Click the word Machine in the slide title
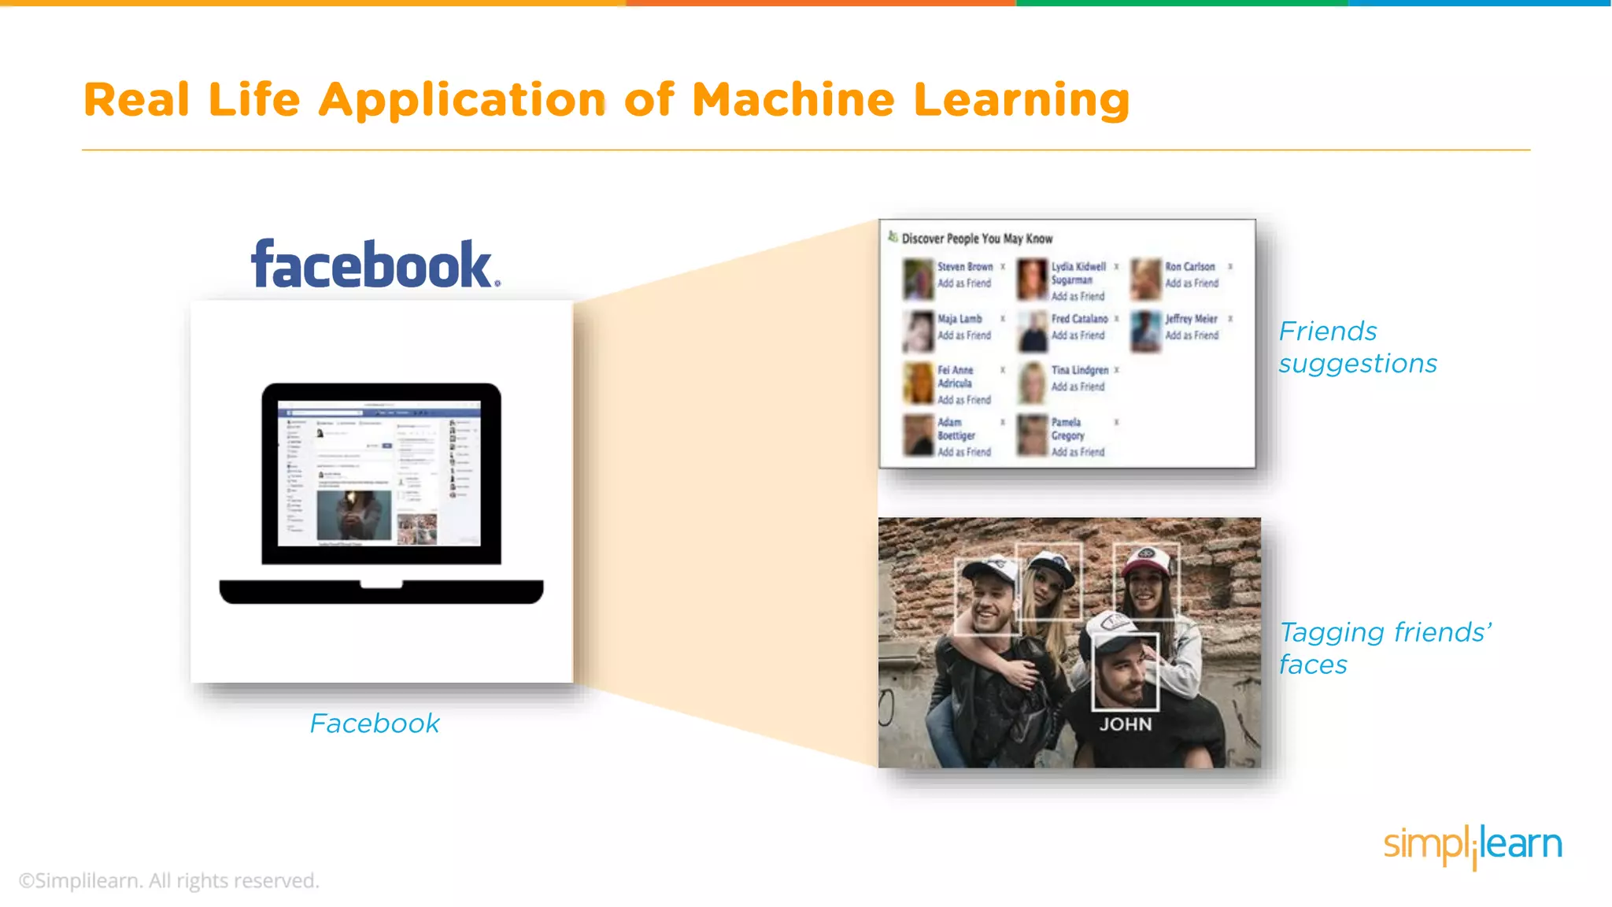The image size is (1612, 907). (x=793, y=101)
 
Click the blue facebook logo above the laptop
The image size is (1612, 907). (x=375, y=264)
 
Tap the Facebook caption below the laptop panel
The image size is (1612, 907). (x=375, y=724)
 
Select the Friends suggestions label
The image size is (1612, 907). (x=1358, y=347)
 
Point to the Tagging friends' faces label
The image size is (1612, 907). (x=1385, y=648)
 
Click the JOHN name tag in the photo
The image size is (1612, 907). (x=1126, y=724)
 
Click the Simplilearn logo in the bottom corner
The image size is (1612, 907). (x=1473, y=846)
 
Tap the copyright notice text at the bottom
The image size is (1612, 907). (x=169, y=880)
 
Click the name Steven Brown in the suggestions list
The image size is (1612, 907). (x=965, y=267)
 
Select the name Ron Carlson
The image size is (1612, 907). (x=1190, y=267)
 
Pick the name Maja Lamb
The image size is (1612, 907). (x=959, y=319)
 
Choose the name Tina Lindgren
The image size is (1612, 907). (x=1080, y=370)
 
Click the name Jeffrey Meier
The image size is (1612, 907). (x=1192, y=319)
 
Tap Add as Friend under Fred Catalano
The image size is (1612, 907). (x=1078, y=335)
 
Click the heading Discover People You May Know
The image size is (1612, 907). (x=977, y=239)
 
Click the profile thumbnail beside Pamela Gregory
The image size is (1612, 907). (x=1032, y=435)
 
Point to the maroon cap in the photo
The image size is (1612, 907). (x=1148, y=560)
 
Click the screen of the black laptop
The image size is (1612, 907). (x=381, y=474)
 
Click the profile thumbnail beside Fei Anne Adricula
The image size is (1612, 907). (x=918, y=383)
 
